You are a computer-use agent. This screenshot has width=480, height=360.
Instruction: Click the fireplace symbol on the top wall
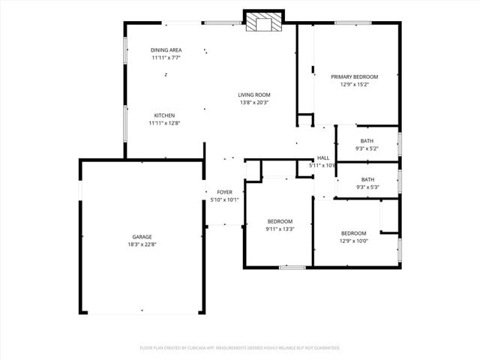coord(264,22)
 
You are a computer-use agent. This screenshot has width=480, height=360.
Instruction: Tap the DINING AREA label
coord(166,50)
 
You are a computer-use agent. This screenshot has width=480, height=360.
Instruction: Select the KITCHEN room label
coord(164,115)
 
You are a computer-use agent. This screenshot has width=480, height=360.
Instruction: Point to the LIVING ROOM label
coord(254,94)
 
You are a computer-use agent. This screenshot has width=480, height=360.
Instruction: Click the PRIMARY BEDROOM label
coord(355,76)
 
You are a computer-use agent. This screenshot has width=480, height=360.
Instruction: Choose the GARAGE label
coord(142,237)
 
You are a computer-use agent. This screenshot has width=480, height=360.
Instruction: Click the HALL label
coord(323,158)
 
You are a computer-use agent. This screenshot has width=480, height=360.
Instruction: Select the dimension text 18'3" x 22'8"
coord(142,244)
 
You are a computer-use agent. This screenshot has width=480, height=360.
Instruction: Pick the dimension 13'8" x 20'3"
coord(254,102)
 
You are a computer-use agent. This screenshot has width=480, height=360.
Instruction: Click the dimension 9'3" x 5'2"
coord(367,148)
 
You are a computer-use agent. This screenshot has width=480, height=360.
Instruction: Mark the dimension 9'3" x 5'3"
coord(367,187)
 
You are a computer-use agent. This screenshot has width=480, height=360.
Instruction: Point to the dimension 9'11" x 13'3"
coord(280,229)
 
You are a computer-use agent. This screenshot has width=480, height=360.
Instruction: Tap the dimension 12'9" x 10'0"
coord(353,241)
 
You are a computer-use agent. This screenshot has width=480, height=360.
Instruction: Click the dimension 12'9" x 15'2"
coord(355,84)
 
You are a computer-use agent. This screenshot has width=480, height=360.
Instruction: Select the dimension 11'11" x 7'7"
coord(166,58)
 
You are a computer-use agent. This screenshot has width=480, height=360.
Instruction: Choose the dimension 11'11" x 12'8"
coord(164,123)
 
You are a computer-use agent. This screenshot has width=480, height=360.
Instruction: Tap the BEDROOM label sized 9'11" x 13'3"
coord(280,221)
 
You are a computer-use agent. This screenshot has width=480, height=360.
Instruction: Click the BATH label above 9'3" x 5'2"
coord(367,141)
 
